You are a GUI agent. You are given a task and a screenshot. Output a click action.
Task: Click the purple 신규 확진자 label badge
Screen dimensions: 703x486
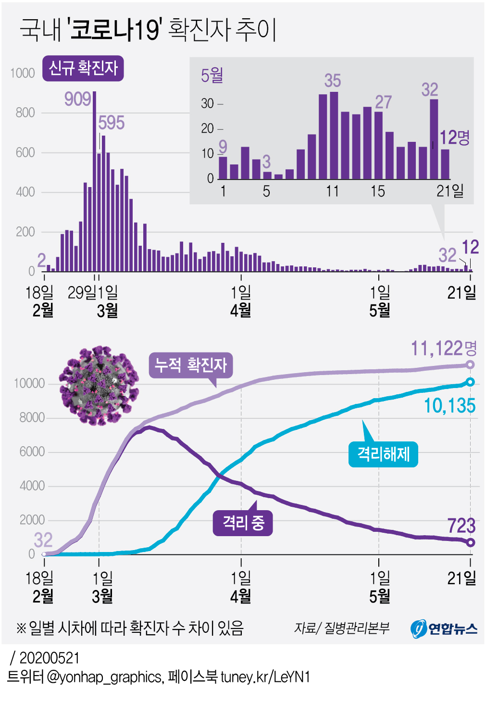click(x=83, y=68)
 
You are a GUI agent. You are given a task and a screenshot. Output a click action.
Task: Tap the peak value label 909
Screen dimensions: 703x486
click(x=77, y=99)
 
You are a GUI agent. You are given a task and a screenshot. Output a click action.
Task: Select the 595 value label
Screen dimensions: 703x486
click(x=111, y=123)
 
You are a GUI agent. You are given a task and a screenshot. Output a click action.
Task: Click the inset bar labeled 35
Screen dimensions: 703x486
click(x=334, y=136)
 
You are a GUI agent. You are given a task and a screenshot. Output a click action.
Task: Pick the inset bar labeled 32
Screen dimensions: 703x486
click(x=434, y=139)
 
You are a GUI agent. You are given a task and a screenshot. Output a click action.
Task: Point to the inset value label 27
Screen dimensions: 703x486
click(x=383, y=102)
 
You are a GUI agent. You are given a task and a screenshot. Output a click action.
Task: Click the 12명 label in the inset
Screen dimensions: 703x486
click(x=454, y=138)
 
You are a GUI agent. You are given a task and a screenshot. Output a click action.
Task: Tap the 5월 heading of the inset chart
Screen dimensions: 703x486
click(x=212, y=75)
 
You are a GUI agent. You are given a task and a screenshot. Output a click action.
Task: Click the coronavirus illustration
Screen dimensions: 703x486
click(x=99, y=386)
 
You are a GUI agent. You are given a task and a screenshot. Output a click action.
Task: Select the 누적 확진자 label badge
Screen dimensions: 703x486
click(x=191, y=365)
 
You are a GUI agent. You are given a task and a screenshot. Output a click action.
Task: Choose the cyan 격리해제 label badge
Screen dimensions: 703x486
click(x=383, y=454)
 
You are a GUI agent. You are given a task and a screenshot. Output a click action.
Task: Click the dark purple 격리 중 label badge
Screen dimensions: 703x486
click(x=243, y=523)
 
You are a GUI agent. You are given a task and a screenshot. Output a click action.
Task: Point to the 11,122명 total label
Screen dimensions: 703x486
click(x=443, y=348)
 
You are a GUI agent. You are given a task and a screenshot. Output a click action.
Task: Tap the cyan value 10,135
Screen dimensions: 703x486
click(x=449, y=406)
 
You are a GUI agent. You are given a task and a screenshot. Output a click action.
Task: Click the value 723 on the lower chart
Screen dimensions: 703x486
click(x=461, y=526)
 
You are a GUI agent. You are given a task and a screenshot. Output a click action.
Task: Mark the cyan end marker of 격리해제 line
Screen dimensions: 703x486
click(x=470, y=382)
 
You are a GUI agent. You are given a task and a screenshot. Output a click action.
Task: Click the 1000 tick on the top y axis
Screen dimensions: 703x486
click(x=23, y=73)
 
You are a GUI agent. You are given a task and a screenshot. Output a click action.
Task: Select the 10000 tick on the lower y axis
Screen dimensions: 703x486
click(x=29, y=384)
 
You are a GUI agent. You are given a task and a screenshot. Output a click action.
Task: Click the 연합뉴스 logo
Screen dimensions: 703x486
click(x=444, y=628)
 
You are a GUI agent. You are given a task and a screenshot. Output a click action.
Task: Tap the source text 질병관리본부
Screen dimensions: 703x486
click(x=357, y=628)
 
